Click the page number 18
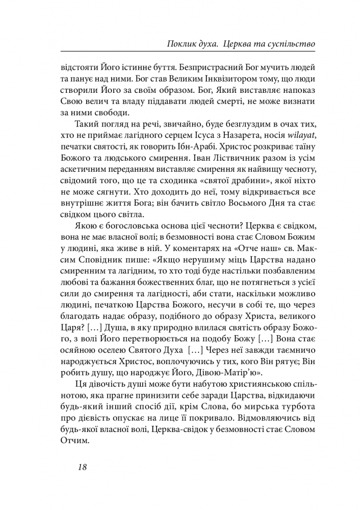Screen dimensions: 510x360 83,467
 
